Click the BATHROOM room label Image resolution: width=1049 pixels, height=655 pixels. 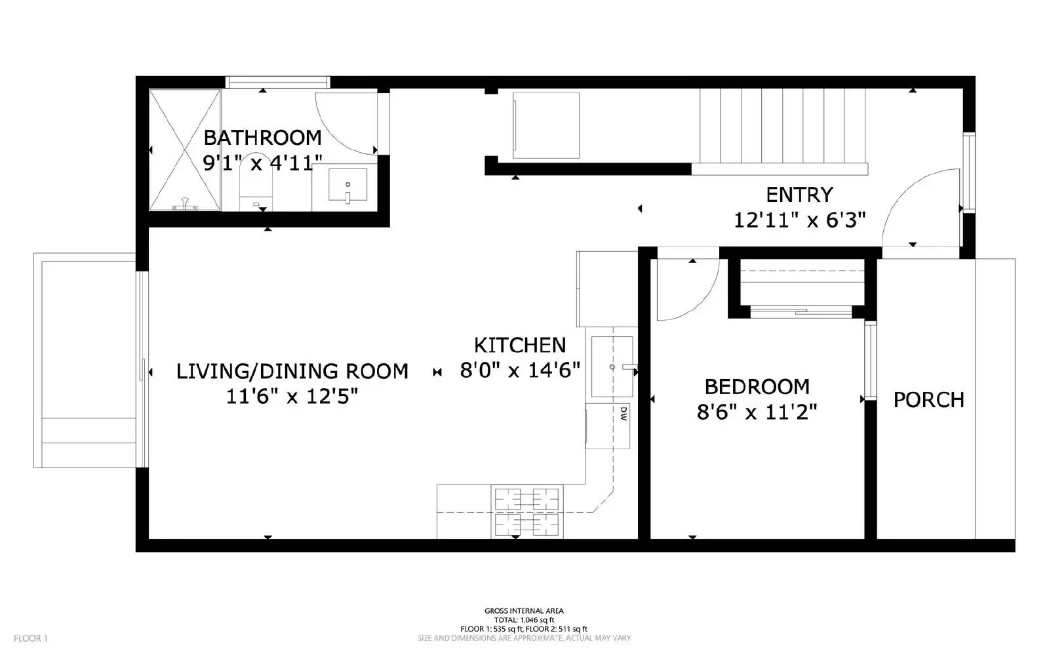[x=262, y=138]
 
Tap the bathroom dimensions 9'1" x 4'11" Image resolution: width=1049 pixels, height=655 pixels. [x=262, y=163]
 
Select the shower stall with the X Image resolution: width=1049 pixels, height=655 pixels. [x=185, y=150]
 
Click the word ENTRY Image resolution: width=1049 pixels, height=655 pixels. [x=799, y=195]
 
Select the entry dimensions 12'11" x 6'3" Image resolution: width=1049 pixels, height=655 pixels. [x=799, y=220]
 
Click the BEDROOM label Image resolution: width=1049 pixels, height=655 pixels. [x=757, y=386]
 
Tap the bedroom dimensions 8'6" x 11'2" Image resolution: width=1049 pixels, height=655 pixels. [x=757, y=412]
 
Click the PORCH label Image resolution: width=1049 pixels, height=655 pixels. [x=928, y=400]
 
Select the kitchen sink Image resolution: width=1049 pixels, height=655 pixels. [x=612, y=367]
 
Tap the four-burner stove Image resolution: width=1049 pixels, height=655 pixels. [x=526, y=512]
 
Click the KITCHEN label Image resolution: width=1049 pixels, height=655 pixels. [x=519, y=345]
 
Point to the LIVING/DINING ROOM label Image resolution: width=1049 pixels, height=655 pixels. [x=292, y=371]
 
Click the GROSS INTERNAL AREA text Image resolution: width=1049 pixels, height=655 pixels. [x=523, y=610]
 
